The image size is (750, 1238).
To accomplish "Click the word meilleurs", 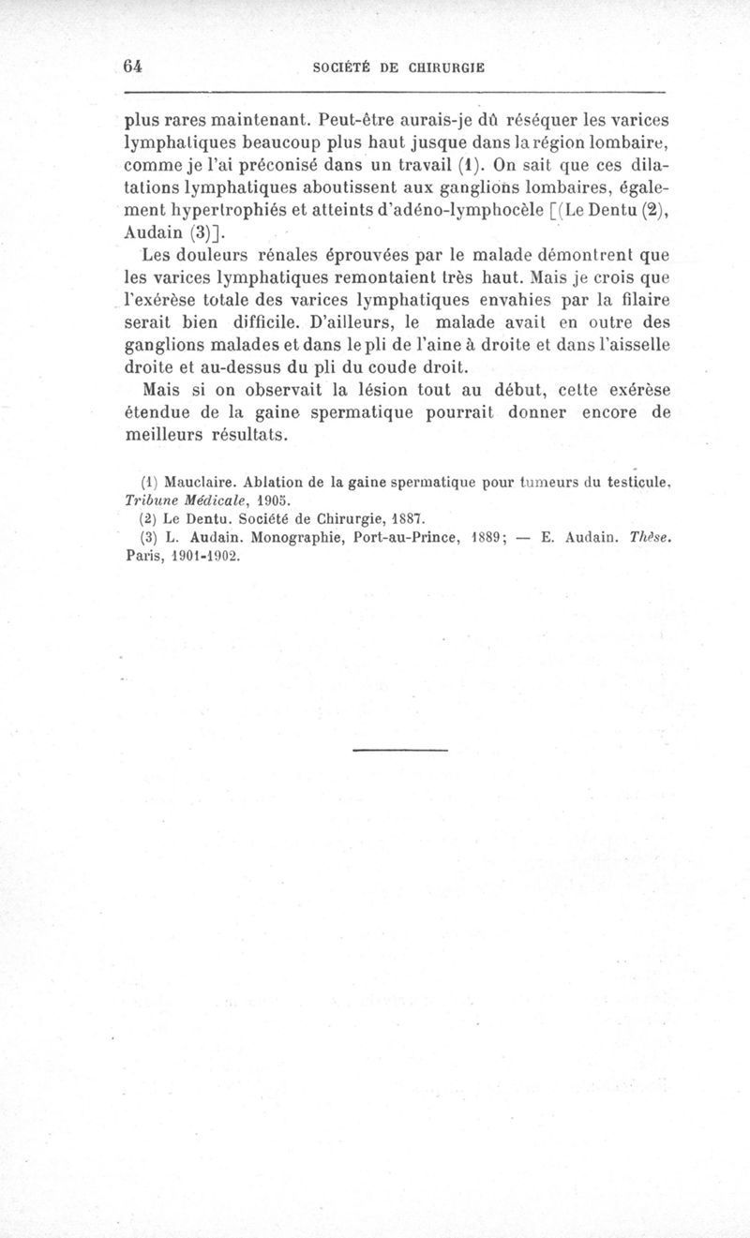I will point(172,436).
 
